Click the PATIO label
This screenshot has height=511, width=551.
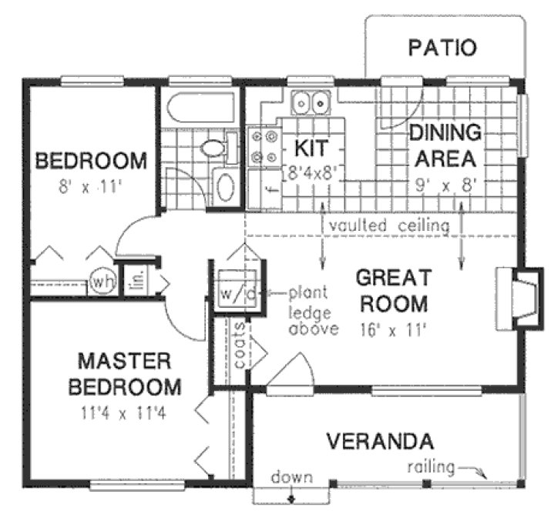(442, 48)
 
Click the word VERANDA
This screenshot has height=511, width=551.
(378, 442)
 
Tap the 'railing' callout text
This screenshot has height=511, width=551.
(432, 466)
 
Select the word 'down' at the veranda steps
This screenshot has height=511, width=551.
(291, 477)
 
